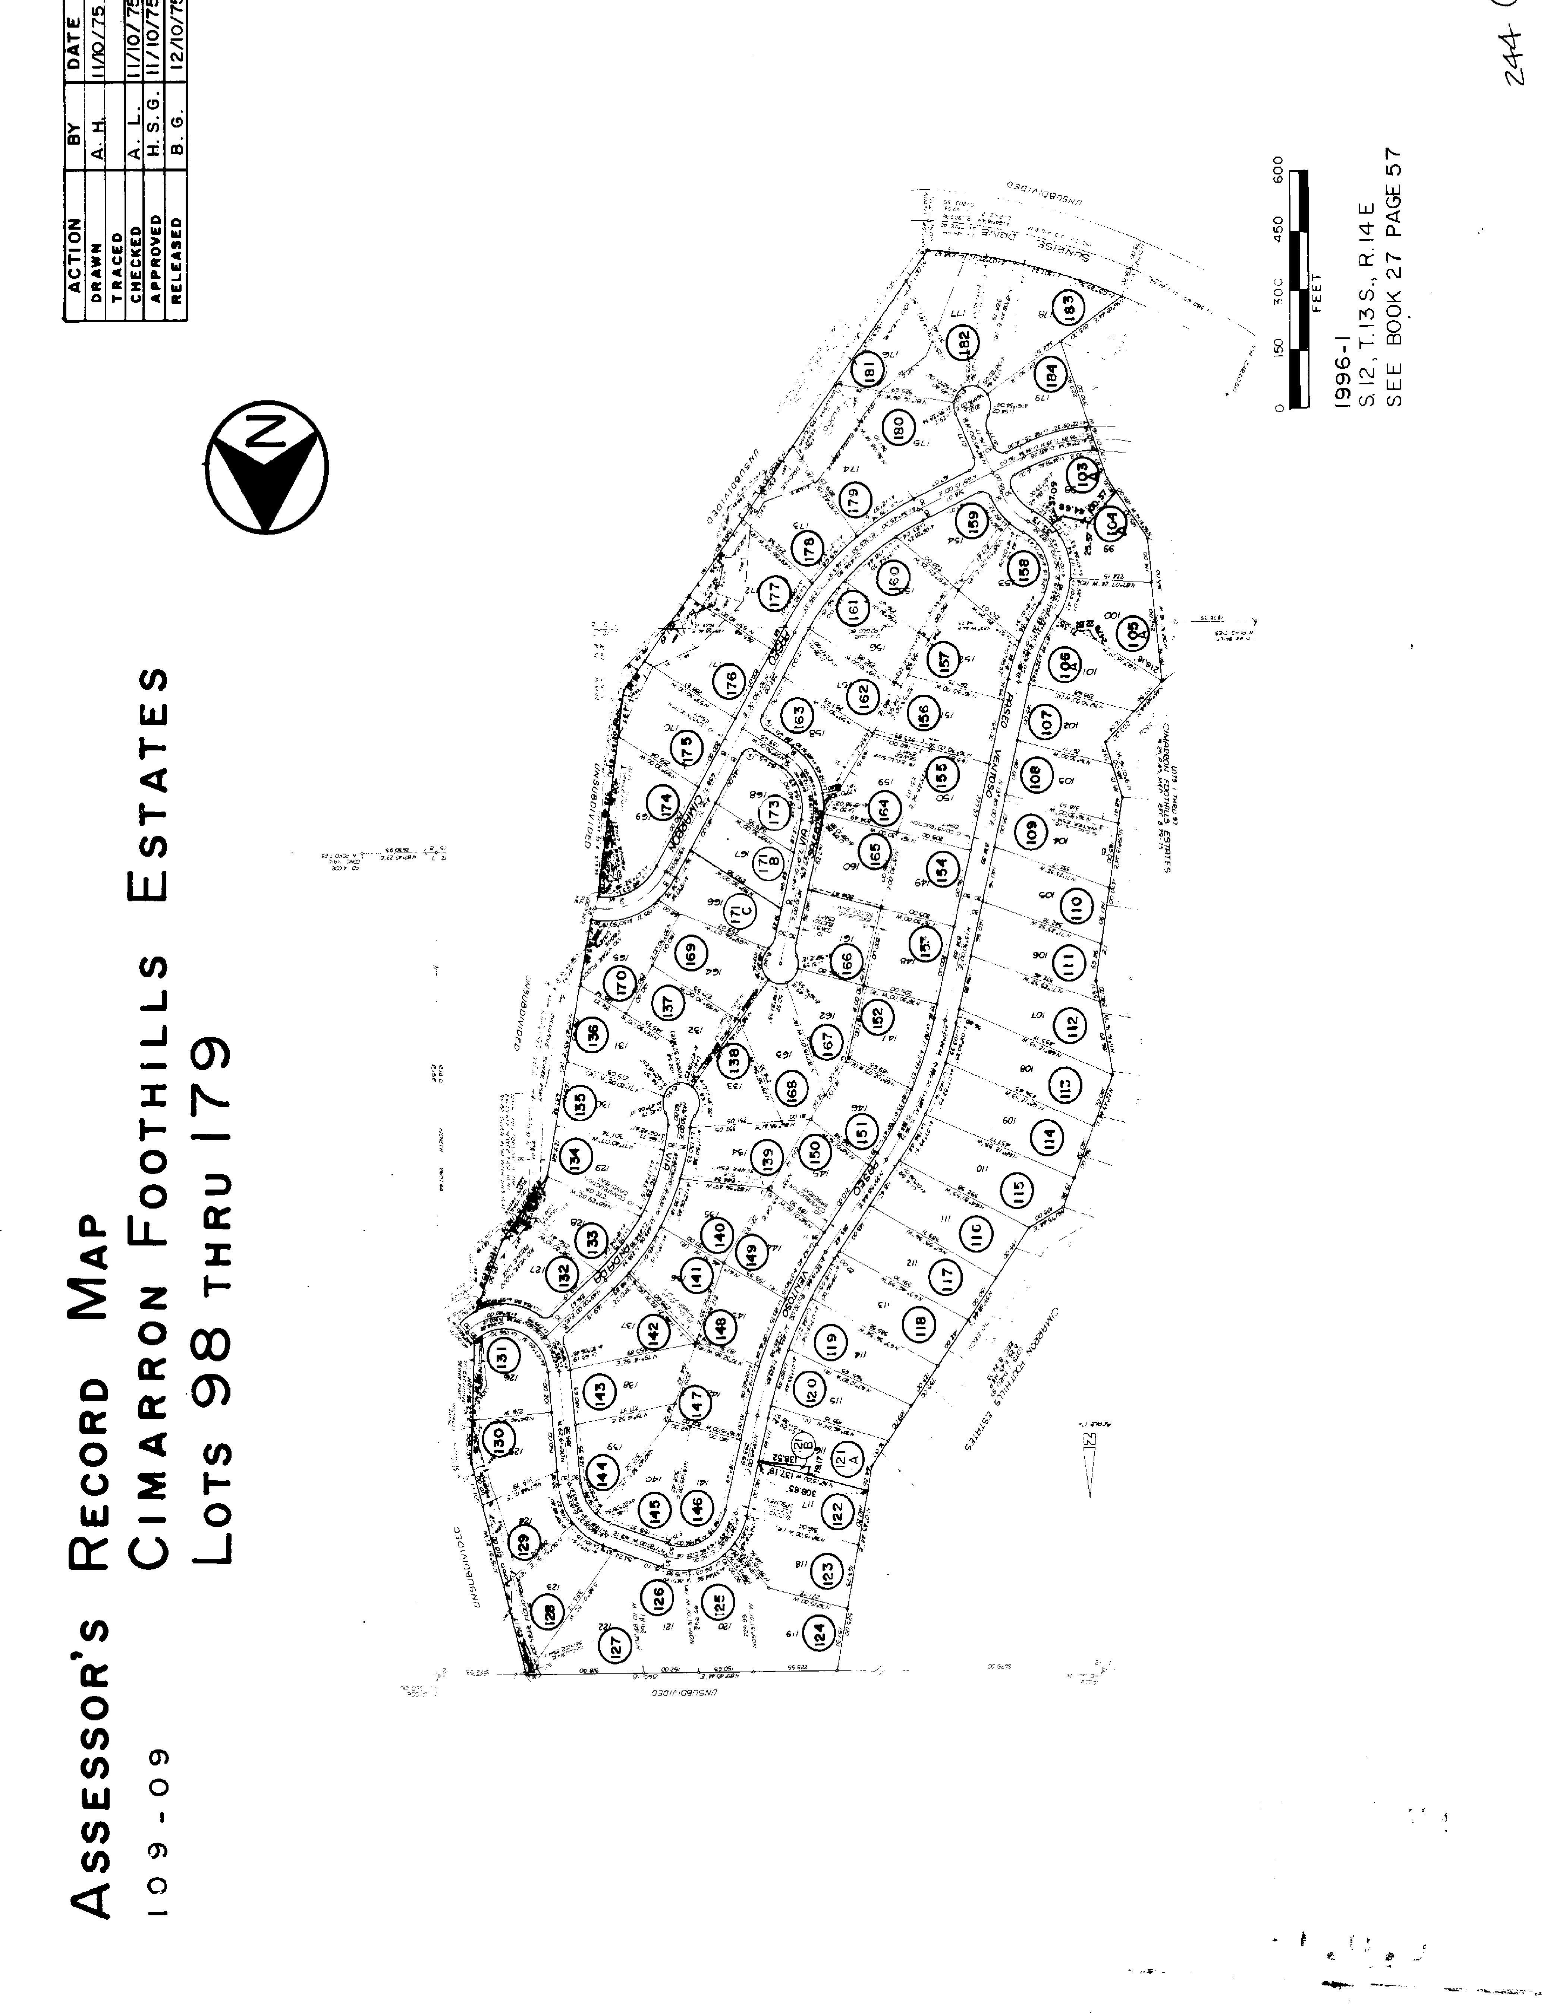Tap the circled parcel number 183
[1068, 307]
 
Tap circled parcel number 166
[845, 961]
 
